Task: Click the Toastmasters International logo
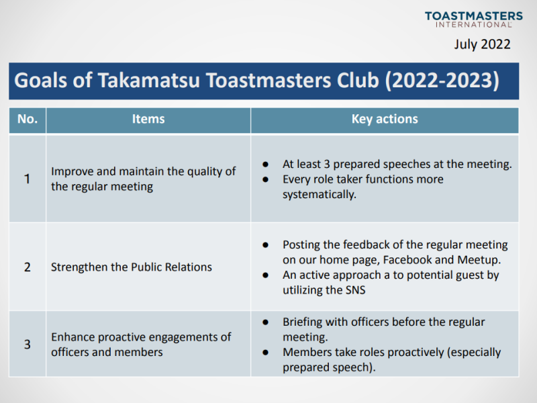[x=474, y=19]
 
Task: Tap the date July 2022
[x=482, y=44]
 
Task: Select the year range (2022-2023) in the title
[x=442, y=81]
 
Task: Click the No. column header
[x=28, y=119]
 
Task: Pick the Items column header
[x=148, y=119]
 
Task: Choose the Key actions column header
[x=385, y=119]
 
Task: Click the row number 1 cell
[x=27, y=179]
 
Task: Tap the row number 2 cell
[x=28, y=267]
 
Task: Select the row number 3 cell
[x=28, y=345]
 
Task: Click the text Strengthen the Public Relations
[x=132, y=267]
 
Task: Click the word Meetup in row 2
[x=479, y=260]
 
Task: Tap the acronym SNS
[x=356, y=290]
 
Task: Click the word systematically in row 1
[x=320, y=195]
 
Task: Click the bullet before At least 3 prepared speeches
[x=265, y=165]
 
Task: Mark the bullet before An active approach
[x=265, y=275]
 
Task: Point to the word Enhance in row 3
[x=73, y=337]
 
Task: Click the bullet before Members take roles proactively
[x=265, y=352]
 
